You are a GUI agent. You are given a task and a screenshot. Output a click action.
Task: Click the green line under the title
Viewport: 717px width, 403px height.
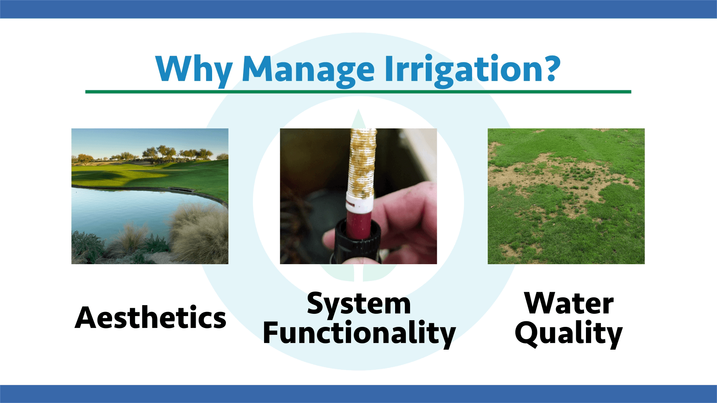coord(358,91)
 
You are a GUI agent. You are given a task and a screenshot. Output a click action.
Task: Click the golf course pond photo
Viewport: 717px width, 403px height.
coord(150,196)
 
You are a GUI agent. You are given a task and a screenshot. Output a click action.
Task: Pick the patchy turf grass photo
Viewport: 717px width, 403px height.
coord(566,196)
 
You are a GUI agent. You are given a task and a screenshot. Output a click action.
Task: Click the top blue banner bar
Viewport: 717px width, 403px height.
coord(358,9)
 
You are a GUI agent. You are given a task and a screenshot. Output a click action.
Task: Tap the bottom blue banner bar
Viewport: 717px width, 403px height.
coord(358,394)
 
